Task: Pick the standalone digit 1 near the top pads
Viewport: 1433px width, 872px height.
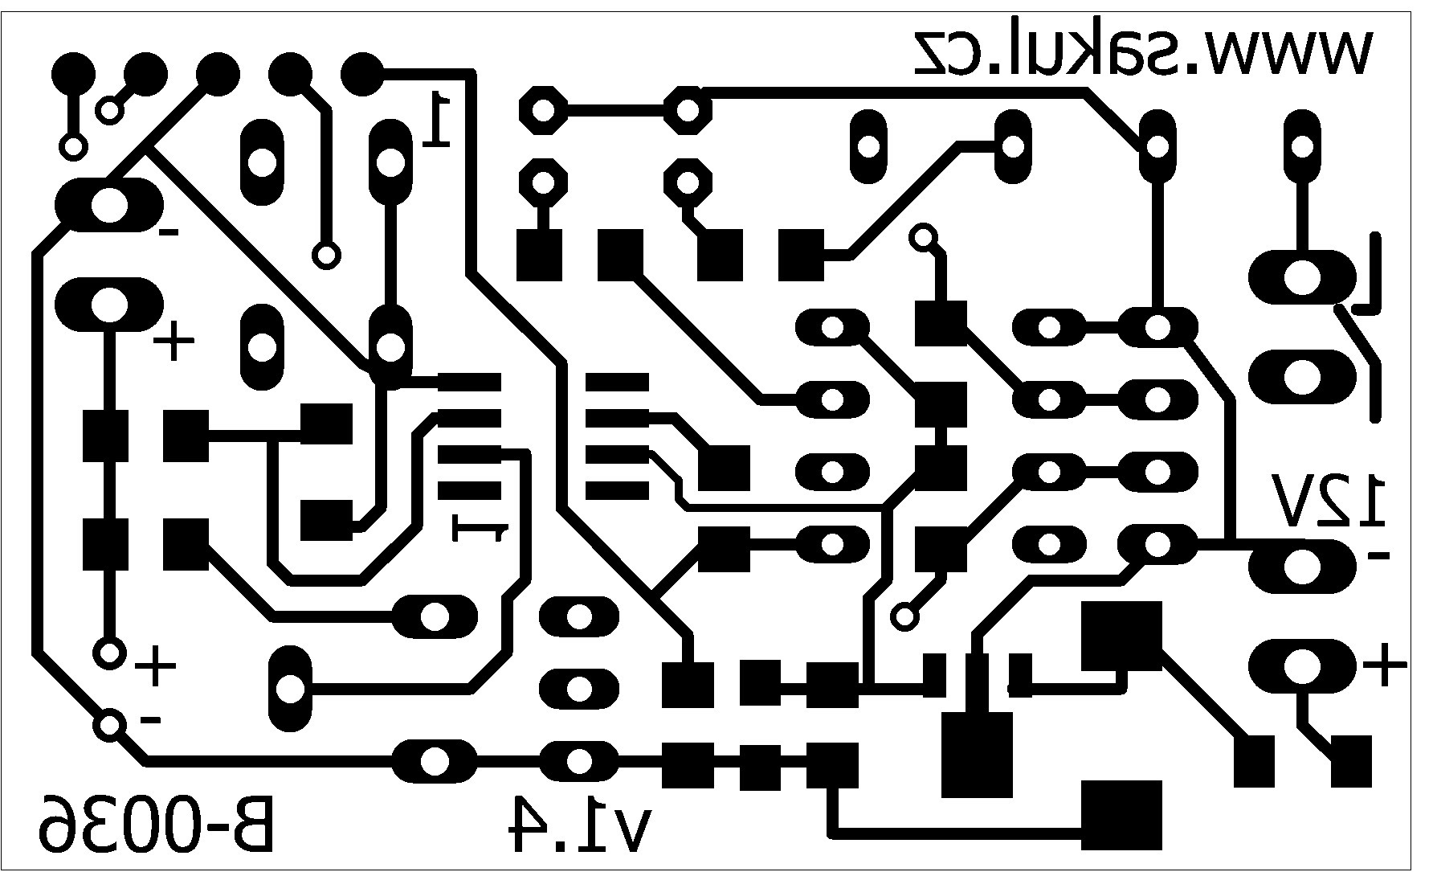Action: pyautogui.click(x=437, y=118)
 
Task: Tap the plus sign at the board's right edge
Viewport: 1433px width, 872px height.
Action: pyautogui.click(x=1386, y=665)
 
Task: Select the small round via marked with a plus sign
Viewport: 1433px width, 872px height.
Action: pyautogui.click(x=108, y=653)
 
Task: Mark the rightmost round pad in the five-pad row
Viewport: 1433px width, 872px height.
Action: pyautogui.click(x=362, y=74)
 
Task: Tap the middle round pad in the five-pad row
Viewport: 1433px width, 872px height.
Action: pyautogui.click(x=218, y=74)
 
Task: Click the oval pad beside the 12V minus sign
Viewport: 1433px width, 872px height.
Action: pyautogui.click(x=1301, y=567)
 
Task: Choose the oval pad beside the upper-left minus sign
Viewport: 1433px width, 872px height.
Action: pyautogui.click(x=108, y=206)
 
